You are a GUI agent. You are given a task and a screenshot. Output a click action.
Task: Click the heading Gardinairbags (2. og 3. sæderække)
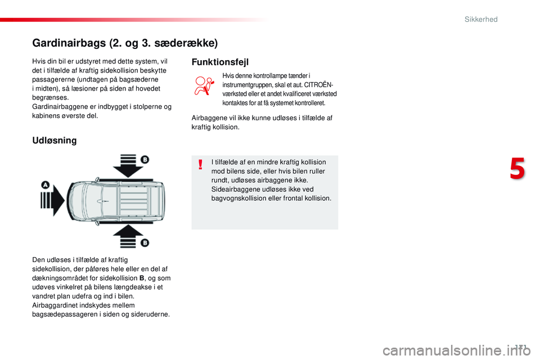pos(125,43)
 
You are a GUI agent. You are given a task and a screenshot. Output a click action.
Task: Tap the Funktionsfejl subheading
pos(219,62)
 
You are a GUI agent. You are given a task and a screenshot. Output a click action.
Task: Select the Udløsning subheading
pos(55,140)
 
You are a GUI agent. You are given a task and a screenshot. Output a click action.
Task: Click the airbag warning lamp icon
pos(205,88)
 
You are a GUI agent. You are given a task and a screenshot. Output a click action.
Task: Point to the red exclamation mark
pos(201,165)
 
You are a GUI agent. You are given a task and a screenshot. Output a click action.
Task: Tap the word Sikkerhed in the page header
pos(481,19)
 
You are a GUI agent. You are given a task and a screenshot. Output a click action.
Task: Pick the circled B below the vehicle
pos(144,242)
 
